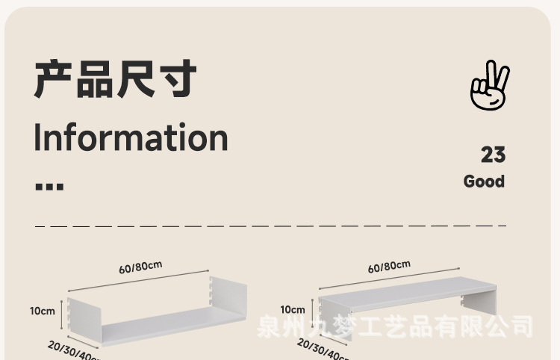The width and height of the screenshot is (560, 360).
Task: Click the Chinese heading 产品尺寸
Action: [115, 80]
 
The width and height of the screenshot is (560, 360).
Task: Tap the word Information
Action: [131, 137]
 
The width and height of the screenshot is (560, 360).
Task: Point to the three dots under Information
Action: [49, 186]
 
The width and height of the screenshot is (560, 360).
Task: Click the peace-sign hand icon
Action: [489, 87]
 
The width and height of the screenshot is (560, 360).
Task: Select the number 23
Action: [493, 155]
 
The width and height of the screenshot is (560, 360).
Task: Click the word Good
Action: [484, 181]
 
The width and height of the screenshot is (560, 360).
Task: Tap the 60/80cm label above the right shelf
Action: [389, 267]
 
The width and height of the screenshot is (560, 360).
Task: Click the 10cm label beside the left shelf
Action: [43, 311]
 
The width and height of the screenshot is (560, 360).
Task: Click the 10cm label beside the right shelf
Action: [293, 309]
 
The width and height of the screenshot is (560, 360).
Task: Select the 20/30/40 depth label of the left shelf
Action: [72, 350]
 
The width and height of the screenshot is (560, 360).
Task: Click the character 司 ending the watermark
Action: [521, 326]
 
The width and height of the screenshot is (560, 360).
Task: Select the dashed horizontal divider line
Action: [270, 225]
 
